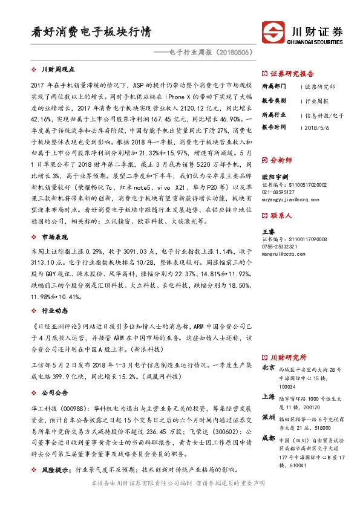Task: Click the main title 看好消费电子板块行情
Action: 90,31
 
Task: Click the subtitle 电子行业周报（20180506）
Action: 205,53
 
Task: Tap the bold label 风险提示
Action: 55,468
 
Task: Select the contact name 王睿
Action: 267,232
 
